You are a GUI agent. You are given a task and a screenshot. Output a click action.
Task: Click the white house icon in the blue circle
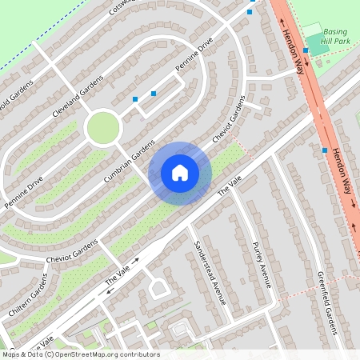click(180, 173)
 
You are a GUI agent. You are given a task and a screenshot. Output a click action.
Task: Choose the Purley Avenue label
click(262, 264)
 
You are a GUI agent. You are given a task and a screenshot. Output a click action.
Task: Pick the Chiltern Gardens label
click(25, 300)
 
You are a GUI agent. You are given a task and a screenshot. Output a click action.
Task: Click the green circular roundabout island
click(102, 128)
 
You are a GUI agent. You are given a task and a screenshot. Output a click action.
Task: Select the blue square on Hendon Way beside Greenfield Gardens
click(325, 150)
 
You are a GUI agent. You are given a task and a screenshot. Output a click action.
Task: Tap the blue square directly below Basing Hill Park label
click(306, 50)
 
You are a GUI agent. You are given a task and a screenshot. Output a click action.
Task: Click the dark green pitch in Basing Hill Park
click(317, 45)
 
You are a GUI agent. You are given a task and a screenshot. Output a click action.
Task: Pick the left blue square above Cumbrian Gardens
click(135, 99)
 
